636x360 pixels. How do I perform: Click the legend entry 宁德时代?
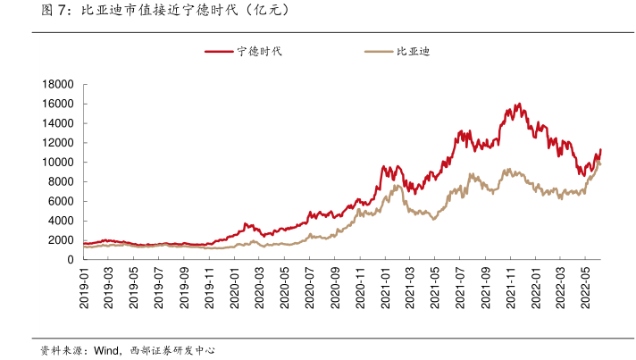point(259,52)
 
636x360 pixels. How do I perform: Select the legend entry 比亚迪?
point(413,52)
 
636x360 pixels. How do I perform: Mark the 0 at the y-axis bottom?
point(70,260)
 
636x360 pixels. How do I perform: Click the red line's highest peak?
point(519,104)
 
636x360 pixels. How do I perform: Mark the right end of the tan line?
point(600,163)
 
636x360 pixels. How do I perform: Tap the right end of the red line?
point(601,149)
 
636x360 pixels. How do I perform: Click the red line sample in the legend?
point(220,52)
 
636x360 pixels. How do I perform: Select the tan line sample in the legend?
point(380,52)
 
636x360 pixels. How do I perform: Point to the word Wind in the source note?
point(107,350)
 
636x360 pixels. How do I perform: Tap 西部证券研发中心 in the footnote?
point(173,350)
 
